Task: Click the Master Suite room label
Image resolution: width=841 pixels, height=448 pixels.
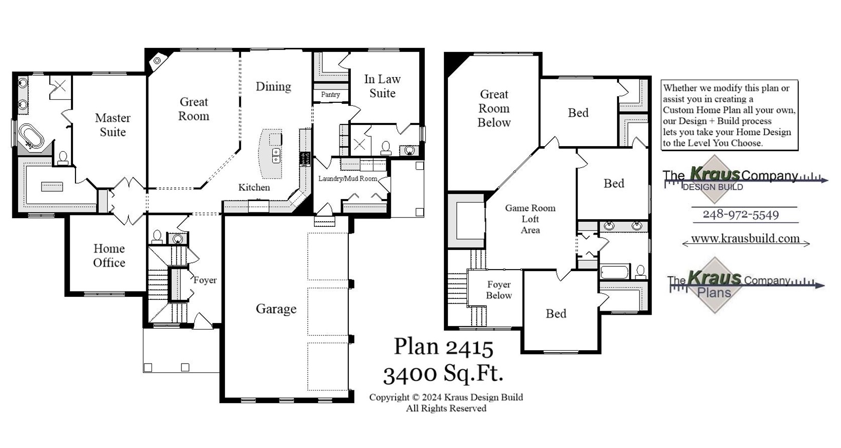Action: (113, 125)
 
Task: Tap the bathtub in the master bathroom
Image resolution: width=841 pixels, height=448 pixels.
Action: (31, 136)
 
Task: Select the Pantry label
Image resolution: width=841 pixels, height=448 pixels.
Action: (330, 95)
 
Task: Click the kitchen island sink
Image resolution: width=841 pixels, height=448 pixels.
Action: (276, 155)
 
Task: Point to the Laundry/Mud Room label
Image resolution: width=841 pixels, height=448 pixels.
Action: (348, 178)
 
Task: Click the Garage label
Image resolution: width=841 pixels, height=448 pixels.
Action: (276, 309)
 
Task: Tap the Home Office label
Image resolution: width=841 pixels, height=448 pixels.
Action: (109, 256)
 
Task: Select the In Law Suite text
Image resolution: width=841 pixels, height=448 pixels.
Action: (382, 86)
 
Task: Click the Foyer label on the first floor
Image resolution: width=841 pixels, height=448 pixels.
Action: (205, 280)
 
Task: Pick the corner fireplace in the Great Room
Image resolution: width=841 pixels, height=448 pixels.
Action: (157, 61)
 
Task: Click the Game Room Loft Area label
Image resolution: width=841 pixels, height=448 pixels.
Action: (530, 219)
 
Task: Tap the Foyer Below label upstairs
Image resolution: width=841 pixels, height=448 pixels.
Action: (499, 290)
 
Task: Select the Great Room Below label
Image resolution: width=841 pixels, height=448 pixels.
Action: (494, 109)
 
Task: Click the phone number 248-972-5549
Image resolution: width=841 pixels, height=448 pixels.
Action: (740, 214)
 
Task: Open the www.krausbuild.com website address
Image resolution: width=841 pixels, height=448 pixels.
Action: (745, 239)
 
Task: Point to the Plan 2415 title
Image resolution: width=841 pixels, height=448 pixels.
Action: (443, 347)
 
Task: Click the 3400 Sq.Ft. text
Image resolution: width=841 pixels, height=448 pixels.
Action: (443, 374)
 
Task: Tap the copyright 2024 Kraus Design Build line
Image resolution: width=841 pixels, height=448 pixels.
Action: (446, 397)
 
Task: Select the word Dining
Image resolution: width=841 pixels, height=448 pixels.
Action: (273, 86)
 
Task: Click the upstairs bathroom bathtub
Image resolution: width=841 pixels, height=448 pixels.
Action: (614, 272)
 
